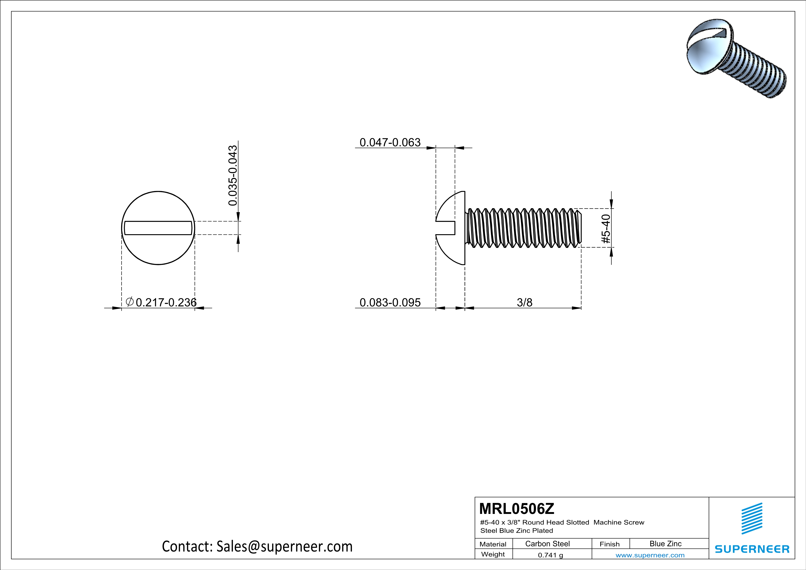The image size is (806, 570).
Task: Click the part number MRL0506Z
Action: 516,509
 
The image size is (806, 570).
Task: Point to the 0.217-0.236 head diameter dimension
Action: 166,302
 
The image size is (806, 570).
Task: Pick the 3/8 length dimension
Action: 524,302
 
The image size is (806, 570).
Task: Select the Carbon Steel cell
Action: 547,544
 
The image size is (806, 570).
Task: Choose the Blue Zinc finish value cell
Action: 665,544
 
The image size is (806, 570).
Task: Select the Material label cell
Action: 493,544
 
